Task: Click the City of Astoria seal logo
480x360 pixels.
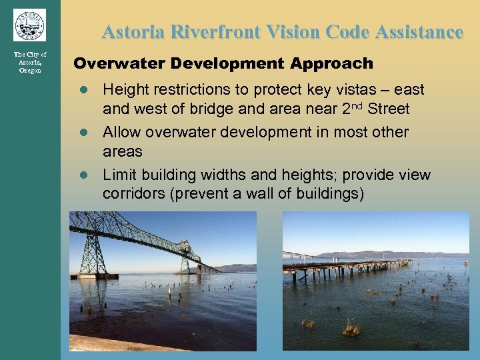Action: coord(29,25)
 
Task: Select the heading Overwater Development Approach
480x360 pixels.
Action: coord(223,64)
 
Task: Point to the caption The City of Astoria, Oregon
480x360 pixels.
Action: coord(30,62)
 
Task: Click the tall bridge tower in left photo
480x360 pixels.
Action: coord(93,247)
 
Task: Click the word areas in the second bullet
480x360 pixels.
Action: coord(122,151)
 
